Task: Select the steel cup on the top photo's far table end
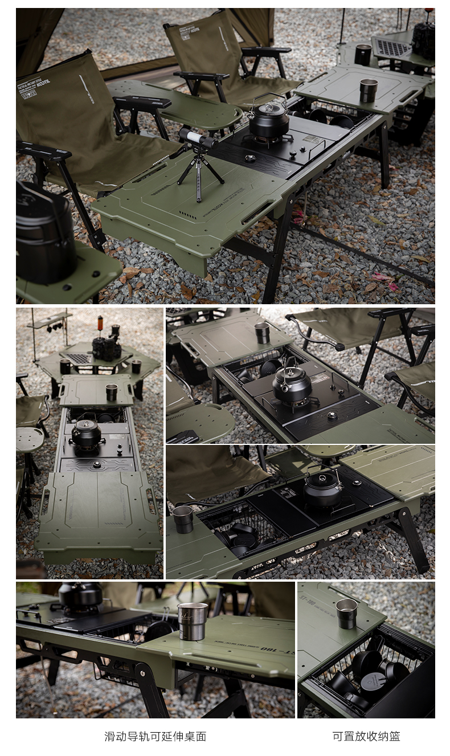point(368,90)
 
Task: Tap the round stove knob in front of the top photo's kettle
point(249,158)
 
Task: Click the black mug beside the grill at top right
point(363,55)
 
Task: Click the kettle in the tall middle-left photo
point(86,434)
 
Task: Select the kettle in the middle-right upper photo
point(292,385)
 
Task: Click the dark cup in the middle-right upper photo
point(262,333)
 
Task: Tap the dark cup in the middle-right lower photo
point(183,519)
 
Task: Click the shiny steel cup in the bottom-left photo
point(192,621)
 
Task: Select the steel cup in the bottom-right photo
point(346,613)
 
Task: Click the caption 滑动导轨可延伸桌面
point(155,736)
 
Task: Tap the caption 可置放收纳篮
point(366,736)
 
